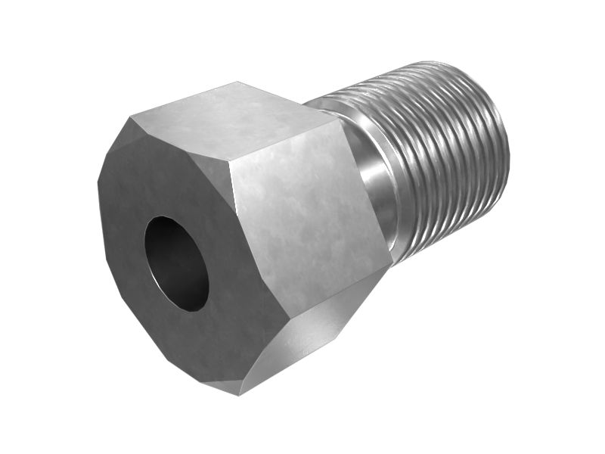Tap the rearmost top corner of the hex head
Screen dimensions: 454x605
click(238, 82)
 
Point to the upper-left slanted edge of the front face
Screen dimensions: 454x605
click(113, 148)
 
